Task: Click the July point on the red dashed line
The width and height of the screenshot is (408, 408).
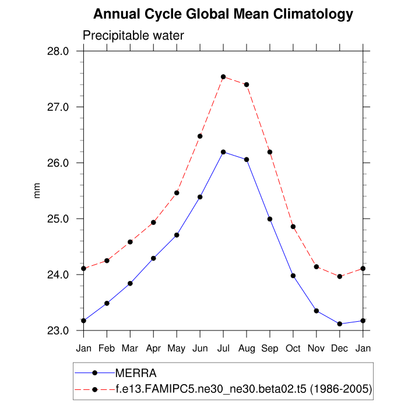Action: [223, 77]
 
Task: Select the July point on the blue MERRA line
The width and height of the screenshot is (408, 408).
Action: [223, 152]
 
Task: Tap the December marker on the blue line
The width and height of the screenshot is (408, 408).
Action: [340, 323]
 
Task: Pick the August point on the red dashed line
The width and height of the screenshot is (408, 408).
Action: [247, 85]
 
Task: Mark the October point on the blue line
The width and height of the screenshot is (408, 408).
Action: [293, 276]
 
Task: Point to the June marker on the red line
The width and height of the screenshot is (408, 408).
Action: [200, 136]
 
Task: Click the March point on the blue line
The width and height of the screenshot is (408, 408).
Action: [130, 283]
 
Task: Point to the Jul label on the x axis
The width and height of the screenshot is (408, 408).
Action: [223, 349]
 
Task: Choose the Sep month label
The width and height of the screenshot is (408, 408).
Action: [270, 349]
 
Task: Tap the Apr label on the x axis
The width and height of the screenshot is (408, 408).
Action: [153, 349]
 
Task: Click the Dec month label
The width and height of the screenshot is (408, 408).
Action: [340, 349]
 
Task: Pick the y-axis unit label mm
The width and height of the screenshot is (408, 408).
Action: [38, 191]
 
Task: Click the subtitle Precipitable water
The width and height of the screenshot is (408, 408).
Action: [133, 36]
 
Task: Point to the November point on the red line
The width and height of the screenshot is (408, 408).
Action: [316, 267]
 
